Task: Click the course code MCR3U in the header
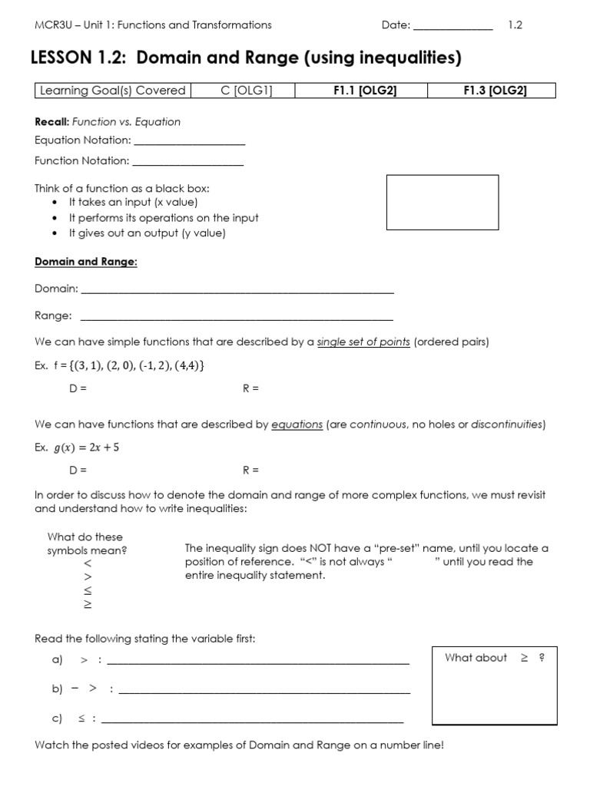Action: click(51, 25)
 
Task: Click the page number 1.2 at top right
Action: click(515, 25)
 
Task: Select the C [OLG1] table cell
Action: click(242, 91)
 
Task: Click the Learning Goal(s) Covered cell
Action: click(113, 91)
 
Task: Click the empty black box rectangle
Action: click(442, 202)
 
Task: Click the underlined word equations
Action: click(297, 424)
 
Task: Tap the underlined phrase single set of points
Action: click(363, 342)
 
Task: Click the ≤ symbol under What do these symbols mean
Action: click(87, 590)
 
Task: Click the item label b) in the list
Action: click(57, 689)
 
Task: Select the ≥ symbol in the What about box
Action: click(525, 658)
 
